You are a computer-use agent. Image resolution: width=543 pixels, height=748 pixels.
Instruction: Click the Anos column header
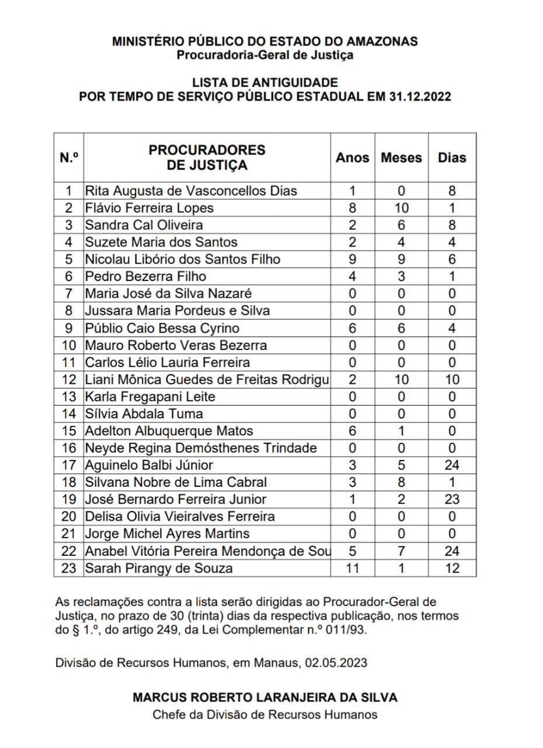click(352, 158)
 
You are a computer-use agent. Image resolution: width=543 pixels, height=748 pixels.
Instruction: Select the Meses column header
click(401, 158)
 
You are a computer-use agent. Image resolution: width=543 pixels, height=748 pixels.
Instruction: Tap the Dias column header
click(452, 158)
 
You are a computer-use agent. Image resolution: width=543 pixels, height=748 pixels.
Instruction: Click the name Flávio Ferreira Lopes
click(149, 208)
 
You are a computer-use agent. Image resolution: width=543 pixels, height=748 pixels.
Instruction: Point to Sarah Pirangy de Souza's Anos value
click(352, 568)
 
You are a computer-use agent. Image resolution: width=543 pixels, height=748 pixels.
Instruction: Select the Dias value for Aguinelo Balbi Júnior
click(452, 465)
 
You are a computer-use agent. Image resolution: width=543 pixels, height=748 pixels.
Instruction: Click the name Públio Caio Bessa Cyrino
click(162, 328)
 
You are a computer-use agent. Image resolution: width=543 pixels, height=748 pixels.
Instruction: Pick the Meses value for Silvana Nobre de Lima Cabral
click(401, 482)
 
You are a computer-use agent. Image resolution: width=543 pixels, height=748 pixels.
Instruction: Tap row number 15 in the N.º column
click(69, 431)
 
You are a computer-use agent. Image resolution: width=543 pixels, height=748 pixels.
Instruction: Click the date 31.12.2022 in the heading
click(420, 97)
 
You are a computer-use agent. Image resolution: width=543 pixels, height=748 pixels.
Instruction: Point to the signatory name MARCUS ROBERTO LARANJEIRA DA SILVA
click(265, 697)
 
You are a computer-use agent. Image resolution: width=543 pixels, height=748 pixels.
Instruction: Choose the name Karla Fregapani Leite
click(150, 397)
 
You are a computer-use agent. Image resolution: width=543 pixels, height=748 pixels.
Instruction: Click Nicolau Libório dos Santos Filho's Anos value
click(352, 259)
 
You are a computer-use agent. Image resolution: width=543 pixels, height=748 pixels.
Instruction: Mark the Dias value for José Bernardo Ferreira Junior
click(452, 500)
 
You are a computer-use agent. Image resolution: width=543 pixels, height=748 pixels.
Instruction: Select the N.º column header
click(69, 158)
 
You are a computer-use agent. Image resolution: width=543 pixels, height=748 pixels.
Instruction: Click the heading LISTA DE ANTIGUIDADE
click(265, 82)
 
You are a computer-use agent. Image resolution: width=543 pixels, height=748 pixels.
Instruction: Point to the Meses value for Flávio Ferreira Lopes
click(401, 208)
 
